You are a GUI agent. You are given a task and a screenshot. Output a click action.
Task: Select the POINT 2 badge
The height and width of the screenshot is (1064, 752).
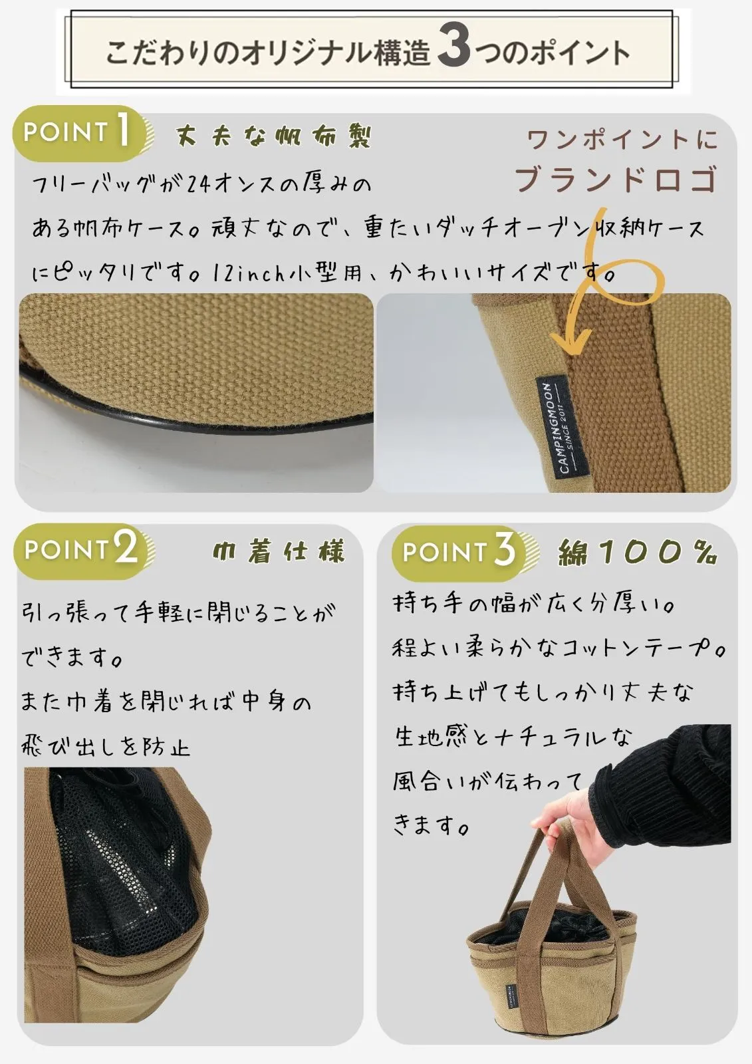pyautogui.click(x=84, y=551)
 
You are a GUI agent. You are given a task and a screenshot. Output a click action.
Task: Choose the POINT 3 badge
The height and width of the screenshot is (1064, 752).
pyautogui.click(x=464, y=553)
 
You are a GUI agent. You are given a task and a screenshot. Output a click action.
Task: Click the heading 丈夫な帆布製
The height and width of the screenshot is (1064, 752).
pyautogui.click(x=273, y=137)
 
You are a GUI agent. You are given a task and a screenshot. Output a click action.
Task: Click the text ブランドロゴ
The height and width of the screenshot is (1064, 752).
pyautogui.click(x=616, y=179)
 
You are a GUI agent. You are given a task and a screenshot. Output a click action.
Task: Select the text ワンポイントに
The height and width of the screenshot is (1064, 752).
pyautogui.click(x=622, y=140)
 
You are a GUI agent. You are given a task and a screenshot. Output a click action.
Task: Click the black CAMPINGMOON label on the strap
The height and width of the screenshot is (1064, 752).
pyautogui.click(x=563, y=426)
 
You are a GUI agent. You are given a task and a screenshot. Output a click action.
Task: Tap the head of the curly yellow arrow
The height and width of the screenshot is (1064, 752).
pyautogui.click(x=573, y=343)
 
